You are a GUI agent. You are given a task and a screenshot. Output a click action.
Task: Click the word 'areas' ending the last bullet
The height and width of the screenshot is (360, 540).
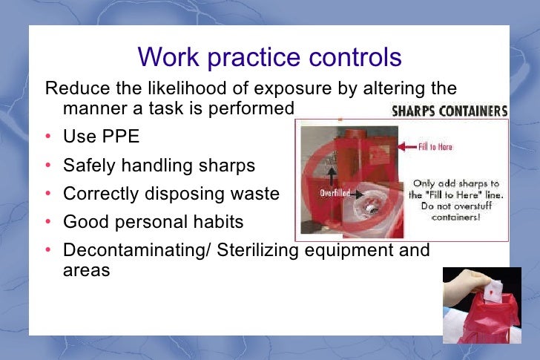pos(86,270)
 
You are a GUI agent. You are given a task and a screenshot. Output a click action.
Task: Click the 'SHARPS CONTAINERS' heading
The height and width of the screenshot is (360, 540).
pos(449,111)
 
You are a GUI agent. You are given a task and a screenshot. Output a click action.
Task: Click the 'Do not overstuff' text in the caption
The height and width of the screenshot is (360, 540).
pos(456,206)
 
